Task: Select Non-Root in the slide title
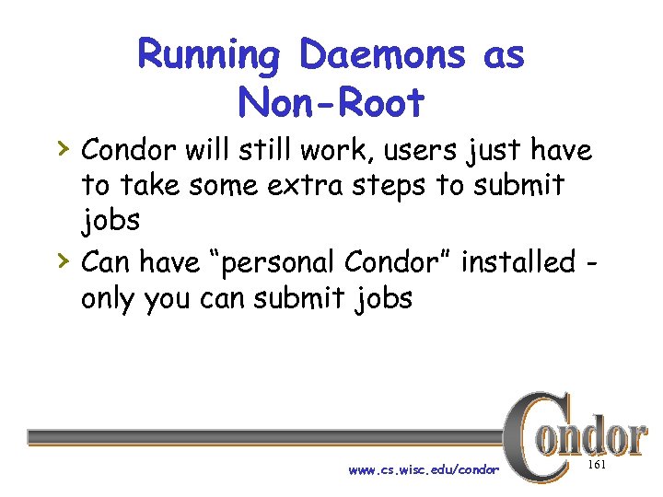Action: click(331, 102)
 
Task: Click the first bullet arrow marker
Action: click(61, 146)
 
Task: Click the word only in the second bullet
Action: click(110, 299)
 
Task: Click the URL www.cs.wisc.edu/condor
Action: click(424, 469)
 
